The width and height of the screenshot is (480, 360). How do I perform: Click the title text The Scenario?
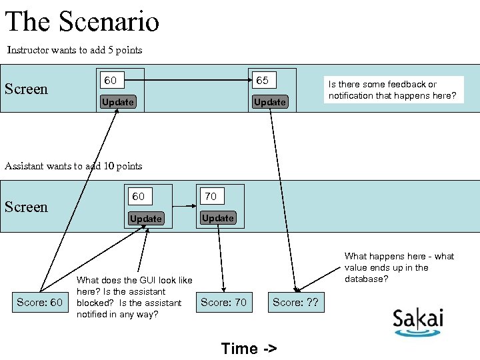82,21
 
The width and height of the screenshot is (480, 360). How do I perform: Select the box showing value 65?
263,80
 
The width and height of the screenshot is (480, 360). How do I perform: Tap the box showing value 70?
211,196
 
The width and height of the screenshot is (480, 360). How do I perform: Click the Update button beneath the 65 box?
270,102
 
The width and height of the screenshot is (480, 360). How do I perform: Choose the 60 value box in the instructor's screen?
110,80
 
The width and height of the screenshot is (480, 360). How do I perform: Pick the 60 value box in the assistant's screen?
139,196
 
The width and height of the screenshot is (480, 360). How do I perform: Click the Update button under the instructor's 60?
117,102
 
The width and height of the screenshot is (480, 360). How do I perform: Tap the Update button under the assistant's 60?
146,219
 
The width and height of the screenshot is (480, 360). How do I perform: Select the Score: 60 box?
39,303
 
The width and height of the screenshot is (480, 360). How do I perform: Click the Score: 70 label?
223,303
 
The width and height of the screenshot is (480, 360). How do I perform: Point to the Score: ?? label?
295,303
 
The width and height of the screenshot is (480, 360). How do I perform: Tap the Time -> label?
249,348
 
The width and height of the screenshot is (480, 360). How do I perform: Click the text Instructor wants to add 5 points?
74,50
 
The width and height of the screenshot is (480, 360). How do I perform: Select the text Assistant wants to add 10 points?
73,166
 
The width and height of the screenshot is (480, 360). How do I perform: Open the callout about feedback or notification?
392,90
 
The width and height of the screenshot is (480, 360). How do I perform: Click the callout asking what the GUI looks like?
134,297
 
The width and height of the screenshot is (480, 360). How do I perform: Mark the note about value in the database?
399,267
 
